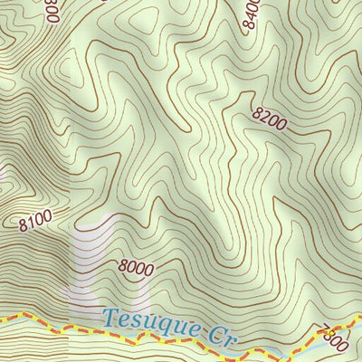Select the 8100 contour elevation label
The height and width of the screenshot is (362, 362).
click(34, 219)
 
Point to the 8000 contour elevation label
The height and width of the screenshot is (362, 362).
click(135, 268)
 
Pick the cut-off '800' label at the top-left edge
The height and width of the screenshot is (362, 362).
click(50, 9)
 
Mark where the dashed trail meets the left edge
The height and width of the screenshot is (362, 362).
click(2, 318)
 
